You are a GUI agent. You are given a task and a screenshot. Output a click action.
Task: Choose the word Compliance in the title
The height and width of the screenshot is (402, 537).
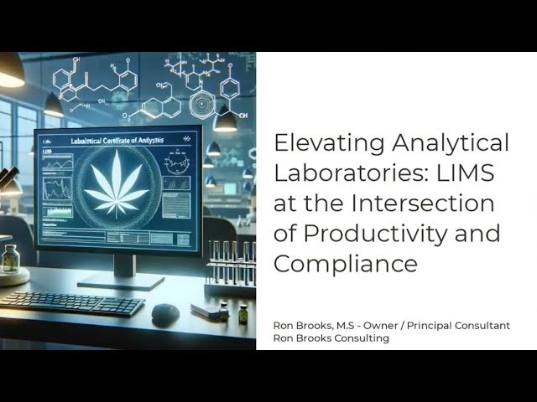pyautogui.click(x=345, y=264)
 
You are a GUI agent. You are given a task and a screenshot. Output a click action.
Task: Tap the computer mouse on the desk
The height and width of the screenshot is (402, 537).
pyautogui.click(x=164, y=314)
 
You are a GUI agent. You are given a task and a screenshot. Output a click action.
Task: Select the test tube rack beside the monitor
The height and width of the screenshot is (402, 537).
pyautogui.click(x=231, y=272)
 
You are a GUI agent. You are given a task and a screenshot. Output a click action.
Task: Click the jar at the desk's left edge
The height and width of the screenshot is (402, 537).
pyautogui.click(x=10, y=260)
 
